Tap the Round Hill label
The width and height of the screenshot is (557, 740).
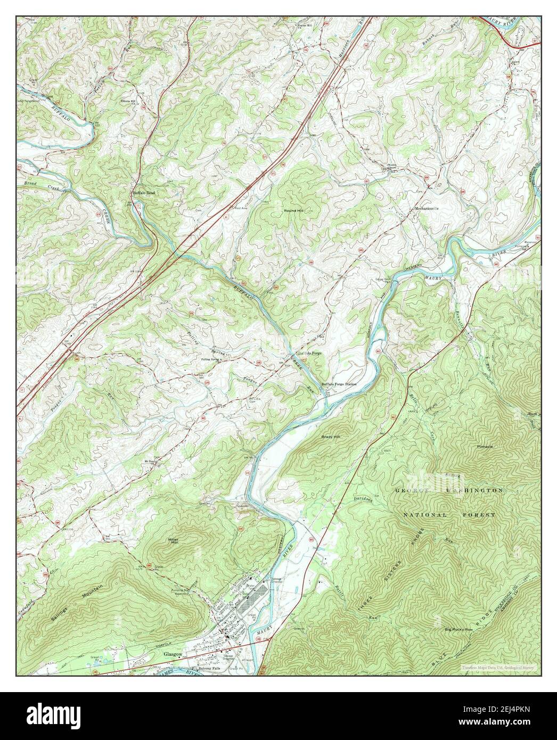click(294, 211)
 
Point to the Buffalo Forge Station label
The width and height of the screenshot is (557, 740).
click(339, 384)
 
